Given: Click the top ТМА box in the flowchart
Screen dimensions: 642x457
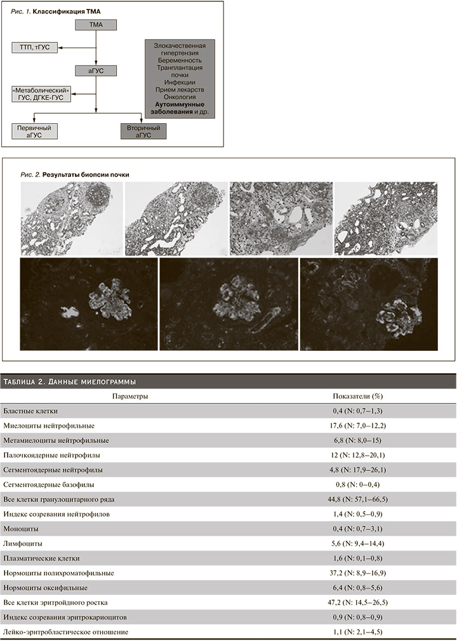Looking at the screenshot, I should (x=96, y=25).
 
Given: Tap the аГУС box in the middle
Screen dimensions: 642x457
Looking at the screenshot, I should (x=96, y=71).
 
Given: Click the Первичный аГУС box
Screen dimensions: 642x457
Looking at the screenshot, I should (x=34, y=131).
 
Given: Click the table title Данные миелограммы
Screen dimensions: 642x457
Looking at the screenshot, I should (x=70, y=381).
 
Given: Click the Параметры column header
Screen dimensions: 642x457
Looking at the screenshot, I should (x=130, y=396).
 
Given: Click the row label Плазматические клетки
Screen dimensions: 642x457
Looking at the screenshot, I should (x=41, y=558).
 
